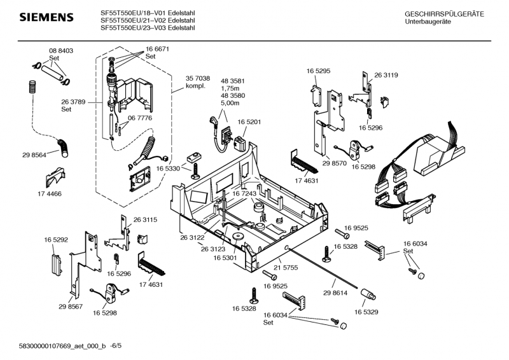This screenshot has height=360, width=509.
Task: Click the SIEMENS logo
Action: point(39,17)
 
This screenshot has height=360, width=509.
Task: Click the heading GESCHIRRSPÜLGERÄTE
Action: point(443,14)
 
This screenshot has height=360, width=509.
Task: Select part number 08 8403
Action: point(60,51)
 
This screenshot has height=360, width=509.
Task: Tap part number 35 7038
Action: point(197,79)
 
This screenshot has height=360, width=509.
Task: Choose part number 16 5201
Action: point(250,121)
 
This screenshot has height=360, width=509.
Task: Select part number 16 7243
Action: point(244,193)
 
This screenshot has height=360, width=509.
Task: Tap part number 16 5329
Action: point(366,312)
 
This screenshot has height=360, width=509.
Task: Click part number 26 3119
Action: point(386,75)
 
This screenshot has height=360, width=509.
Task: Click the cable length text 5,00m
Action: point(229,103)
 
